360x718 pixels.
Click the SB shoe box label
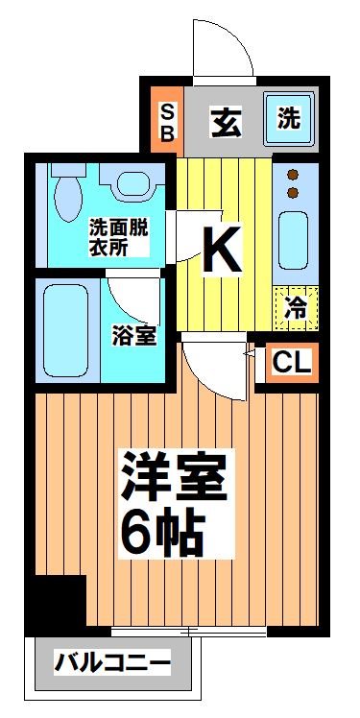tap(166, 121)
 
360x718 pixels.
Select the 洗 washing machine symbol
tap(287, 120)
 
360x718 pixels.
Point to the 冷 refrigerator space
tap(296, 307)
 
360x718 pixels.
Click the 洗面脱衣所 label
tap(117, 237)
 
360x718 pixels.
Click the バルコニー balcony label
tap(112, 662)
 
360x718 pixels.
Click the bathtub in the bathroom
tap(66, 331)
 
